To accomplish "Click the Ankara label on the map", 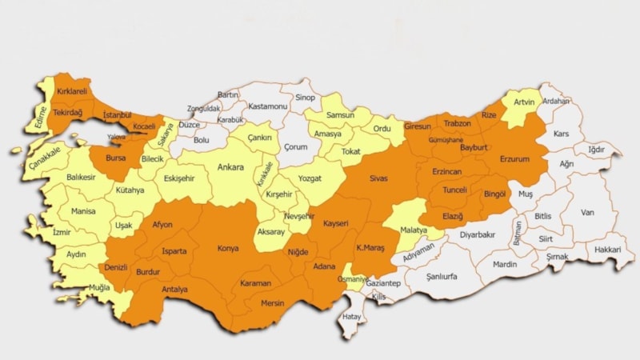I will point(230,168).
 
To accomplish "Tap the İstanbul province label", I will point(122,116).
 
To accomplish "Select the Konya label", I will point(228,249).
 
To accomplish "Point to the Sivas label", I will point(378,179).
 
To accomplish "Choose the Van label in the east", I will point(587,213).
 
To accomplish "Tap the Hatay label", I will point(351,317).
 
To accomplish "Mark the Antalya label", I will point(174,289).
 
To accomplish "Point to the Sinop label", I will point(305,98).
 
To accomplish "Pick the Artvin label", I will point(523,102).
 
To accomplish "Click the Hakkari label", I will point(608,250).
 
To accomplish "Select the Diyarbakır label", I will point(478,235).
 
